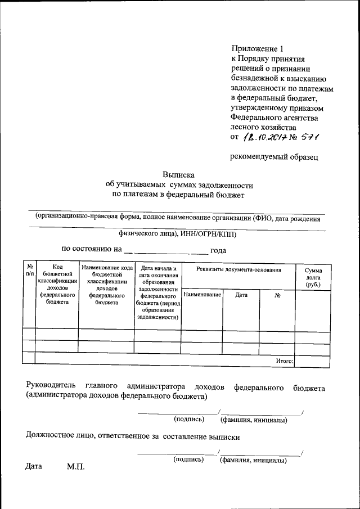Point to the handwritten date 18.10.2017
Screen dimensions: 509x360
(x=264, y=137)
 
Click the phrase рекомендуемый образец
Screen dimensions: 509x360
(x=274, y=157)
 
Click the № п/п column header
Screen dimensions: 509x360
(x=28, y=270)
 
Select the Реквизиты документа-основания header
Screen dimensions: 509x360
(x=238, y=270)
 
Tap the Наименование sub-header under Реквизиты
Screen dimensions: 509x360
(x=202, y=295)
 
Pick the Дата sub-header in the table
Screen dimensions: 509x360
(x=241, y=295)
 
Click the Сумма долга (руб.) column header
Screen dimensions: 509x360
(x=313, y=277)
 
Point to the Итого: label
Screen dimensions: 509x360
(x=285, y=361)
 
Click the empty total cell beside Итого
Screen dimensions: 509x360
(x=312, y=361)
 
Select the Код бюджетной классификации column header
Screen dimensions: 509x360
(x=56, y=284)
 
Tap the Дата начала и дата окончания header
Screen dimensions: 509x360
(x=157, y=292)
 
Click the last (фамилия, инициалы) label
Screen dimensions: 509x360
(x=254, y=460)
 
